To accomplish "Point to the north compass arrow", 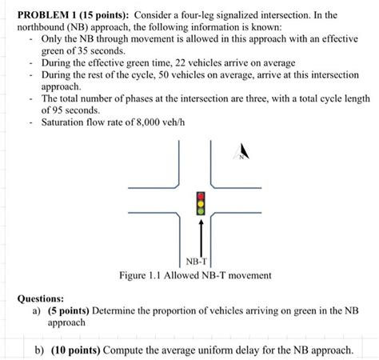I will pyautogui.click(x=243, y=152).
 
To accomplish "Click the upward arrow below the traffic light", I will pyautogui.click(x=201, y=236).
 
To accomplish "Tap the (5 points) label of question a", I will pyautogui.click(x=69, y=310).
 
